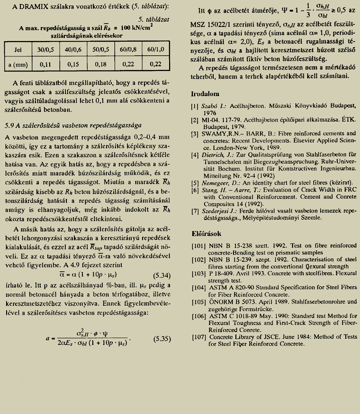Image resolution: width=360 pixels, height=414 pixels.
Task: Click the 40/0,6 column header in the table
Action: point(71,49)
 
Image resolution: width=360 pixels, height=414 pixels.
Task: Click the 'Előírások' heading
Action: point(207,234)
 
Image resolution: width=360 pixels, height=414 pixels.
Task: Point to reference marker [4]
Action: point(194,154)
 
